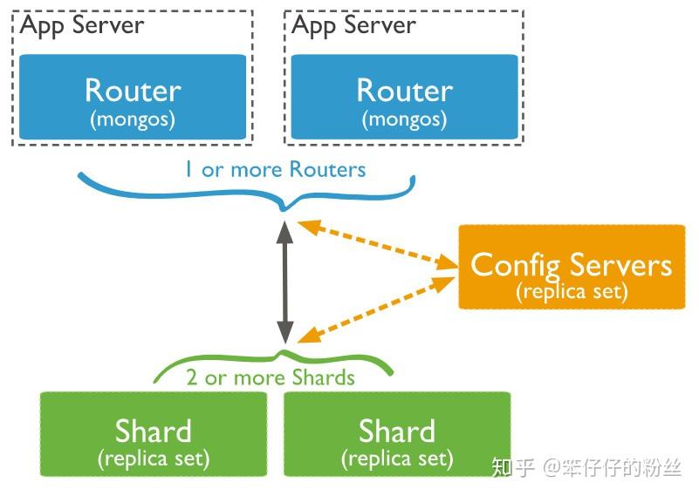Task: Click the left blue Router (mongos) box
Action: pyautogui.click(x=133, y=98)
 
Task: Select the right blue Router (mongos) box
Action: pyautogui.click(x=404, y=98)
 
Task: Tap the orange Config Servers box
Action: pyautogui.click(x=572, y=267)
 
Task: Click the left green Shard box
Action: pyautogui.click(x=154, y=433)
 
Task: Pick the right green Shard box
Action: pyautogui.click(x=397, y=433)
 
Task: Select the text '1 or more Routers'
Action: pyautogui.click(x=275, y=169)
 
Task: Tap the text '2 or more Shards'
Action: pyautogui.click(x=271, y=377)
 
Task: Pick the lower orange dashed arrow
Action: pyautogui.click(x=377, y=310)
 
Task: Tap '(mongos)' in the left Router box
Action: pyautogui.click(x=133, y=118)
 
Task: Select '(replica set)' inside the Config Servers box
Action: pyautogui.click(x=572, y=291)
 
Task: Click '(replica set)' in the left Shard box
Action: pyautogui.click(x=154, y=457)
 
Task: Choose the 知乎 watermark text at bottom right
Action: pyautogui.click(x=513, y=467)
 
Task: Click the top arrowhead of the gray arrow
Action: pyautogui.click(x=284, y=230)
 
